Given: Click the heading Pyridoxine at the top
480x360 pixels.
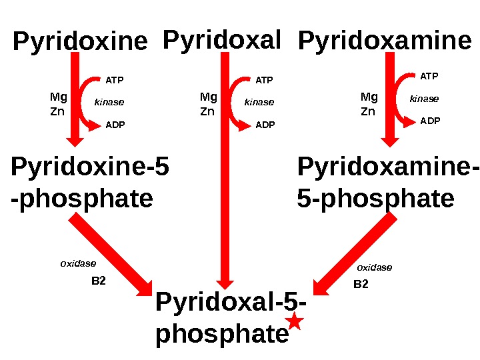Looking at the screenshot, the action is (x=80, y=43).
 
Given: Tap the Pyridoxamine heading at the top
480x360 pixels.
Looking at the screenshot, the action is (x=385, y=42).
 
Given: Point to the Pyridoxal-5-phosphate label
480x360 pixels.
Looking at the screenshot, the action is (x=227, y=319).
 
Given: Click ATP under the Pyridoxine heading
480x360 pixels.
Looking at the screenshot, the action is (x=115, y=81).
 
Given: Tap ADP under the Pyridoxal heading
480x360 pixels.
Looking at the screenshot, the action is (x=265, y=125).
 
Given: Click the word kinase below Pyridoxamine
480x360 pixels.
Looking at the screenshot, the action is (x=424, y=99).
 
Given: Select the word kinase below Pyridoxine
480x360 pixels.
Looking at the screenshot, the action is (x=110, y=103).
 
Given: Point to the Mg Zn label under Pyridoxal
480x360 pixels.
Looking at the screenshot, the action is (x=209, y=103).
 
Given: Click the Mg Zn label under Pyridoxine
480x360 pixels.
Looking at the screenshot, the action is (x=59, y=103).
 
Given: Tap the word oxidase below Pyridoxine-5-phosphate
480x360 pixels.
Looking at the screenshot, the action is (x=78, y=263).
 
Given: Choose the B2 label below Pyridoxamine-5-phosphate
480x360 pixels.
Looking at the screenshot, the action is (x=361, y=284).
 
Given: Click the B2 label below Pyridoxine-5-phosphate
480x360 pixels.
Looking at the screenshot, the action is (x=98, y=281).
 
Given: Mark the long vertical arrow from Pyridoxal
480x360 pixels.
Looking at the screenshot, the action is (x=225, y=173).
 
